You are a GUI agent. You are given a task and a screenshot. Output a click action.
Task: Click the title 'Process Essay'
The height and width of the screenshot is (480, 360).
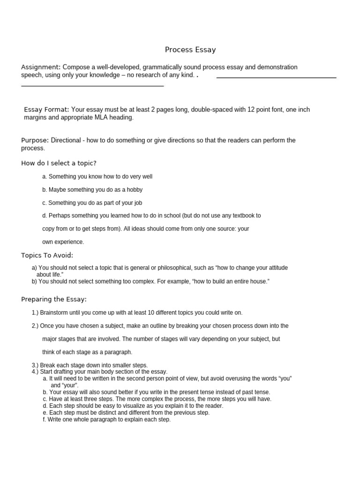(190, 50)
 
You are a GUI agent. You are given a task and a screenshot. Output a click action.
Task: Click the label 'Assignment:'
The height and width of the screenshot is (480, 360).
(41, 67)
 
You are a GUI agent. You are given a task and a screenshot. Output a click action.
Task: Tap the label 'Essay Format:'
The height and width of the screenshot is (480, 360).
(46, 109)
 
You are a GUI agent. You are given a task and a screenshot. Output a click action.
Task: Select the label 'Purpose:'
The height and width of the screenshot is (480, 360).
(35, 140)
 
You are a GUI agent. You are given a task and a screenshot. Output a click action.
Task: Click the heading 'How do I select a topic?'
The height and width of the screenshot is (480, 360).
(59, 163)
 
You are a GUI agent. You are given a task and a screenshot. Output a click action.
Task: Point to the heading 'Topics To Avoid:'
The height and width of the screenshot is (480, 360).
(47, 255)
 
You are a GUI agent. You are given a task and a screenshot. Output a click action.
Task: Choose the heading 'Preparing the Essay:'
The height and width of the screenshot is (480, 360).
(54, 299)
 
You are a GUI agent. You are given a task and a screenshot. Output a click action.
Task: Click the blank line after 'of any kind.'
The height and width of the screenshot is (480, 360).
(276, 77)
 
